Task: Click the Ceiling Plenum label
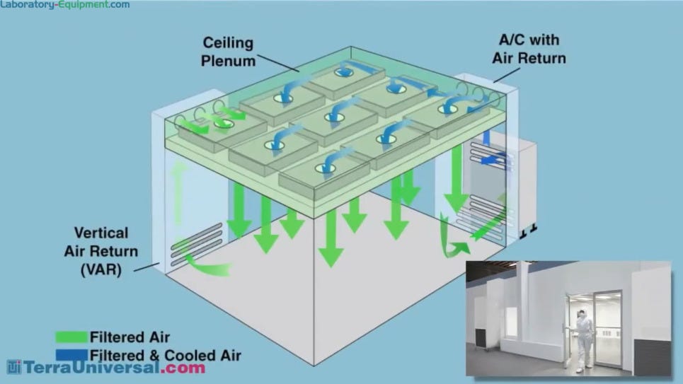pyautogui.click(x=228, y=52)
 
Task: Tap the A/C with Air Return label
pyautogui.click(x=529, y=50)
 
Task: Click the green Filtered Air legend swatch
pyautogui.click(x=71, y=337)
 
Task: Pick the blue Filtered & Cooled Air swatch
pyautogui.click(x=71, y=354)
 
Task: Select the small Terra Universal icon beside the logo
pyautogui.click(x=15, y=367)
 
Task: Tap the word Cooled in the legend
pyautogui.click(x=185, y=354)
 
